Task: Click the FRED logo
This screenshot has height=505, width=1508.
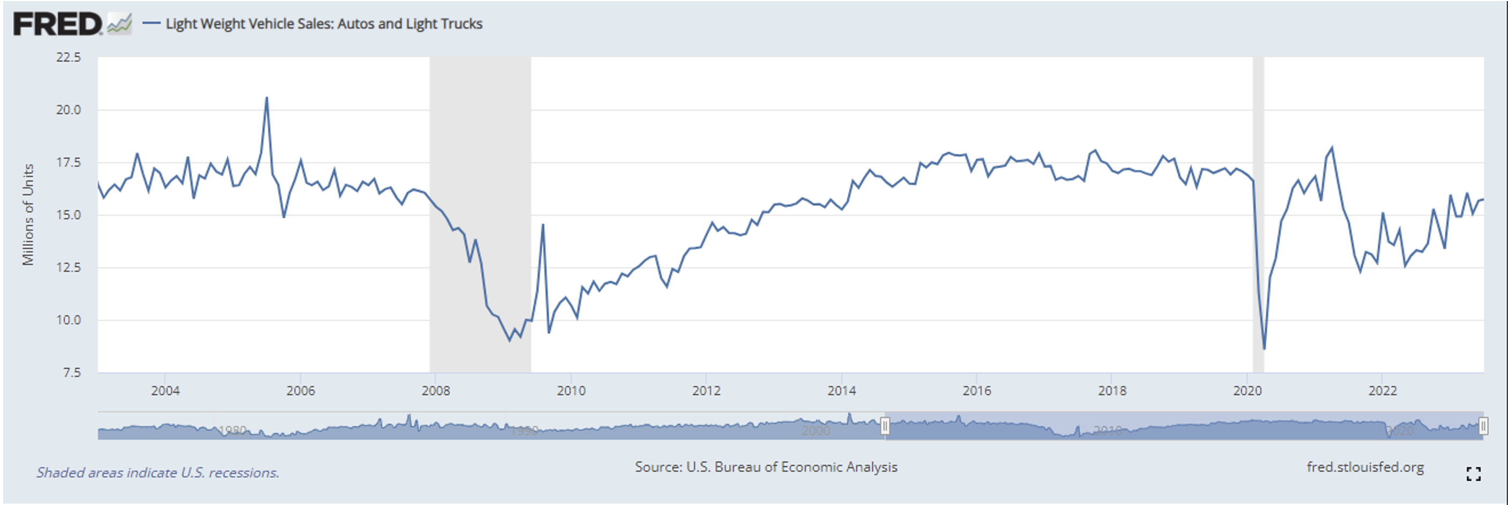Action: click(x=57, y=25)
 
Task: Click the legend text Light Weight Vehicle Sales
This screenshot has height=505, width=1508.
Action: click(x=324, y=24)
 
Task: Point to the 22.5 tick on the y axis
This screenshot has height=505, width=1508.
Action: click(x=69, y=57)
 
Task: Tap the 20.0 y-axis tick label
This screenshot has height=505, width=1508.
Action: click(x=69, y=110)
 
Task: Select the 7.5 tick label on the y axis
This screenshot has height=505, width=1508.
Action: click(x=71, y=373)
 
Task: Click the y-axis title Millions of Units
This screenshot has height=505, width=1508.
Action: click(x=28, y=214)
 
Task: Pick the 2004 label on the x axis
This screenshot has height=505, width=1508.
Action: click(x=165, y=391)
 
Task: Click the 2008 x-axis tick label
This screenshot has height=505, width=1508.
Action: click(x=436, y=391)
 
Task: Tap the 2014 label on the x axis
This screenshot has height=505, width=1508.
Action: click(x=841, y=391)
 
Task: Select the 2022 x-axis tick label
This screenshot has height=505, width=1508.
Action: click(x=1382, y=391)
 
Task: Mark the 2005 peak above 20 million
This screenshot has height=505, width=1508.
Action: click(x=267, y=98)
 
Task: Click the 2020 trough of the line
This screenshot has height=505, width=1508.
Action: click(x=1265, y=349)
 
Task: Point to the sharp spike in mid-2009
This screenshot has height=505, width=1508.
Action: click(x=543, y=225)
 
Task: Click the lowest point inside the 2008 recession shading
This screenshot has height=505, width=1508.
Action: click(x=509, y=341)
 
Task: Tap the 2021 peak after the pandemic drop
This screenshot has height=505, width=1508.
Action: click(x=1332, y=147)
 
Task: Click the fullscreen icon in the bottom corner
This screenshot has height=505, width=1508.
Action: click(x=1474, y=474)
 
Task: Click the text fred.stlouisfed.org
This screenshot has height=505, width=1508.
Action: click(x=1365, y=467)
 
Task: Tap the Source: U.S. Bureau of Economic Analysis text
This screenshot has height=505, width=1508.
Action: click(x=766, y=467)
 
